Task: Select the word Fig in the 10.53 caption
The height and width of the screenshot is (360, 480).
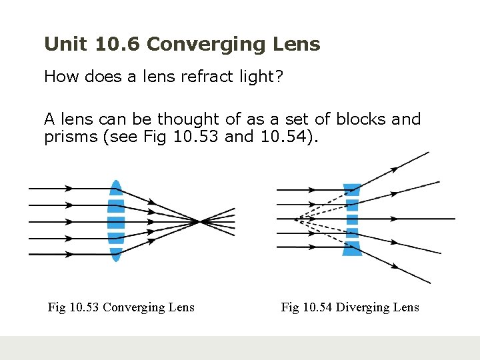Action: coord(57,307)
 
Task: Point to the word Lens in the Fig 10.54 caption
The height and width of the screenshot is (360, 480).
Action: coord(407,307)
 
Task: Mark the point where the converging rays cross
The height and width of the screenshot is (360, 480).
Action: coord(200,221)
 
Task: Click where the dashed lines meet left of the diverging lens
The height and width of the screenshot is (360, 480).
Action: coord(296,218)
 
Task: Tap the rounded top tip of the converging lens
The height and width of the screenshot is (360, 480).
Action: coord(116,183)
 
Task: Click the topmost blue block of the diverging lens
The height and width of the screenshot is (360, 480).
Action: coord(351,189)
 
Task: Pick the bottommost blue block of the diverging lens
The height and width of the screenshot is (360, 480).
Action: coord(351,249)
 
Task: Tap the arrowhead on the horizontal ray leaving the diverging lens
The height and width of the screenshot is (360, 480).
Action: coord(396,218)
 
